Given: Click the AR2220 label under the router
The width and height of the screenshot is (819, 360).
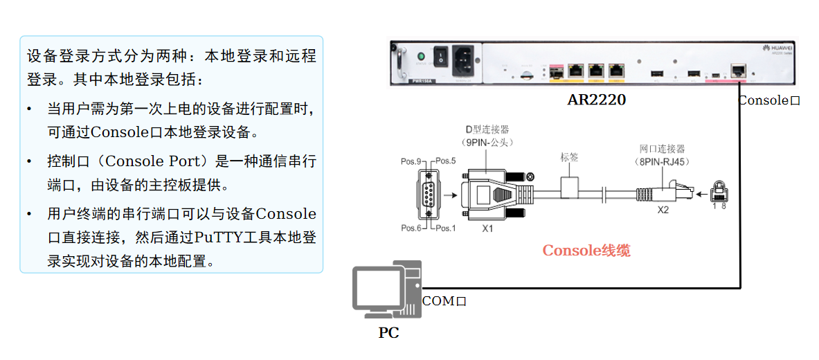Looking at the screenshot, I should tap(596, 100).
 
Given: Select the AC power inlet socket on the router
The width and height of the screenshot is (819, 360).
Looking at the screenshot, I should tap(463, 60).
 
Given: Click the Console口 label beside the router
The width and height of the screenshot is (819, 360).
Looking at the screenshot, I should tap(768, 100).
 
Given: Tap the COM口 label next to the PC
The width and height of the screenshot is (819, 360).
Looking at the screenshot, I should tap(444, 301).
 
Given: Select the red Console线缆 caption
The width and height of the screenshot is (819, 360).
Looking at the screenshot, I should tap(586, 251).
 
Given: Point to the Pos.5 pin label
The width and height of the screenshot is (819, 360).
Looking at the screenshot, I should tap(444, 162).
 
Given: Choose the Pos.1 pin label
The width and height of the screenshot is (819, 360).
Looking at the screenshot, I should tap(444, 228).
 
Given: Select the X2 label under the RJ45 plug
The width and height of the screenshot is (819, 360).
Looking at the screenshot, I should tap(663, 210).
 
